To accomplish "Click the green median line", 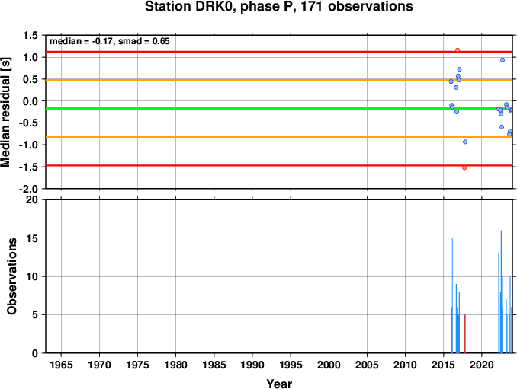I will click(x=229, y=108).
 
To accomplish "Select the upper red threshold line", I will click(x=229, y=52).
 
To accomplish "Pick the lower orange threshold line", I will click(x=229, y=137).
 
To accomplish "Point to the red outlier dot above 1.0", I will click(x=458, y=50).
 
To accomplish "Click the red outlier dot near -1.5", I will click(x=464, y=167).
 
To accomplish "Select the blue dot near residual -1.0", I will click(x=465, y=142).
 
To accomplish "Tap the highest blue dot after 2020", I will click(x=503, y=60).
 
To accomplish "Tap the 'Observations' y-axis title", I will click(x=13, y=276).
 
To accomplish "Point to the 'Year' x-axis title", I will click(x=279, y=384).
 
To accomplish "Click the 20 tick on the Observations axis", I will click(x=32, y=200).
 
